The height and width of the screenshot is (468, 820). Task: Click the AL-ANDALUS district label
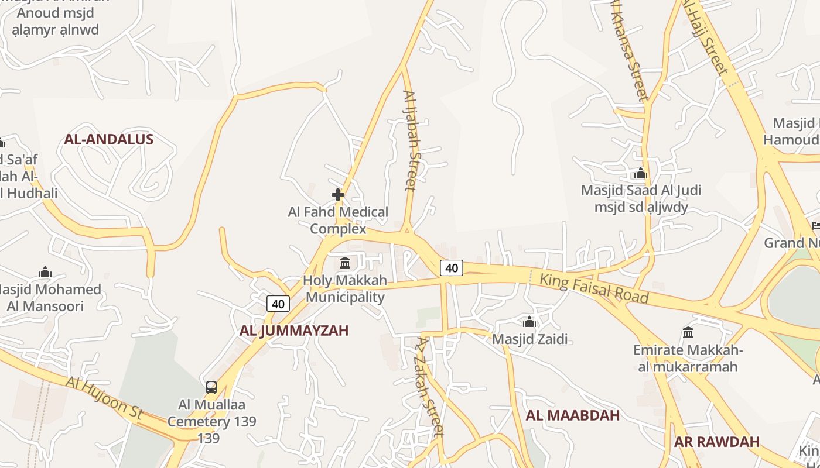(108, 139)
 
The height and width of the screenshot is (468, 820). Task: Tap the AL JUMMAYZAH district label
(294, 331)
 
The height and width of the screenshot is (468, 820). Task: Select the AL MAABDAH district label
(572, 416)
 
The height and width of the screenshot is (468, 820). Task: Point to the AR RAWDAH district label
(716, 442)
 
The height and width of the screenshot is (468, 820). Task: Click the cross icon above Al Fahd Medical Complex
(338, 195)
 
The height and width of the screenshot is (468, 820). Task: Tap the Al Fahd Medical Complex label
(338, 220)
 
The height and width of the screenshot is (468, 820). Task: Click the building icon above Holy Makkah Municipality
(345, 263)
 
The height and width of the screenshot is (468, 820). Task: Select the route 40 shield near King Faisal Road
(452, 268)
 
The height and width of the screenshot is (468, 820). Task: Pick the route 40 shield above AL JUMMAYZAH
(278, 304)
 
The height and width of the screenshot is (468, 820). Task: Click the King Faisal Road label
(593, 288)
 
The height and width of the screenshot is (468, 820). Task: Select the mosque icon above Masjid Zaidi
(529, 322)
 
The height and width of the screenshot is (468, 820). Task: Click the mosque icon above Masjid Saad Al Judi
(641, 173)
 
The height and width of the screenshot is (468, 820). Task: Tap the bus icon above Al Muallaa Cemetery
(211, 387)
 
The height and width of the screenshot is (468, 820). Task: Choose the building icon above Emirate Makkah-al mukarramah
(688, 333)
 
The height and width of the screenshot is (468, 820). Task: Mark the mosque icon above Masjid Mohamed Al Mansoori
(45, 272)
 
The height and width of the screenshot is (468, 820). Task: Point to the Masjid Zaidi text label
(529, 339)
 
